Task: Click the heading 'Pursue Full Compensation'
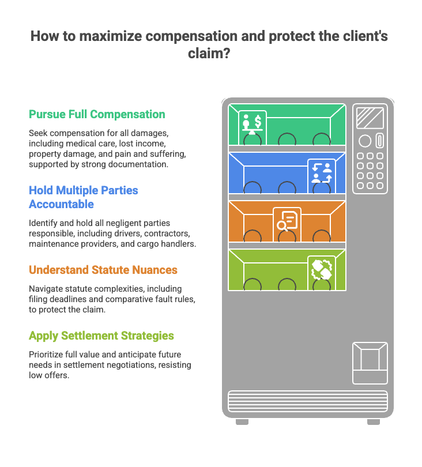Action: [x=97, y=114]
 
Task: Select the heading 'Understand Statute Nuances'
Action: [x=103, y=270]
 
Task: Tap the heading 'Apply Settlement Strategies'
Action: [x=101, y=336]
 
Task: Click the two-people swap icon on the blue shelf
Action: [x=321, y=172]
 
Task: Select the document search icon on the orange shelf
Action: [x=287, y=221]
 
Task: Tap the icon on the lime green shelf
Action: [x=321, y=269]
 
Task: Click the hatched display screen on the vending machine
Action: [x=370, y=118]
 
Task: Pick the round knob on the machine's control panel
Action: [x=364, y=141]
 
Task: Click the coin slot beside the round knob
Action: [x=379, y=141]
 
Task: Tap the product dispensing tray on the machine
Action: [x=370, y=363]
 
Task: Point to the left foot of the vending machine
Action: [x=242, y=422]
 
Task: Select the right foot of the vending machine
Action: [x=374, y=422]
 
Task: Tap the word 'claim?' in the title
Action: [x=210, y=54]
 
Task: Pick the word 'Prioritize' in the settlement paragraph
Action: [x=47, y=354]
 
